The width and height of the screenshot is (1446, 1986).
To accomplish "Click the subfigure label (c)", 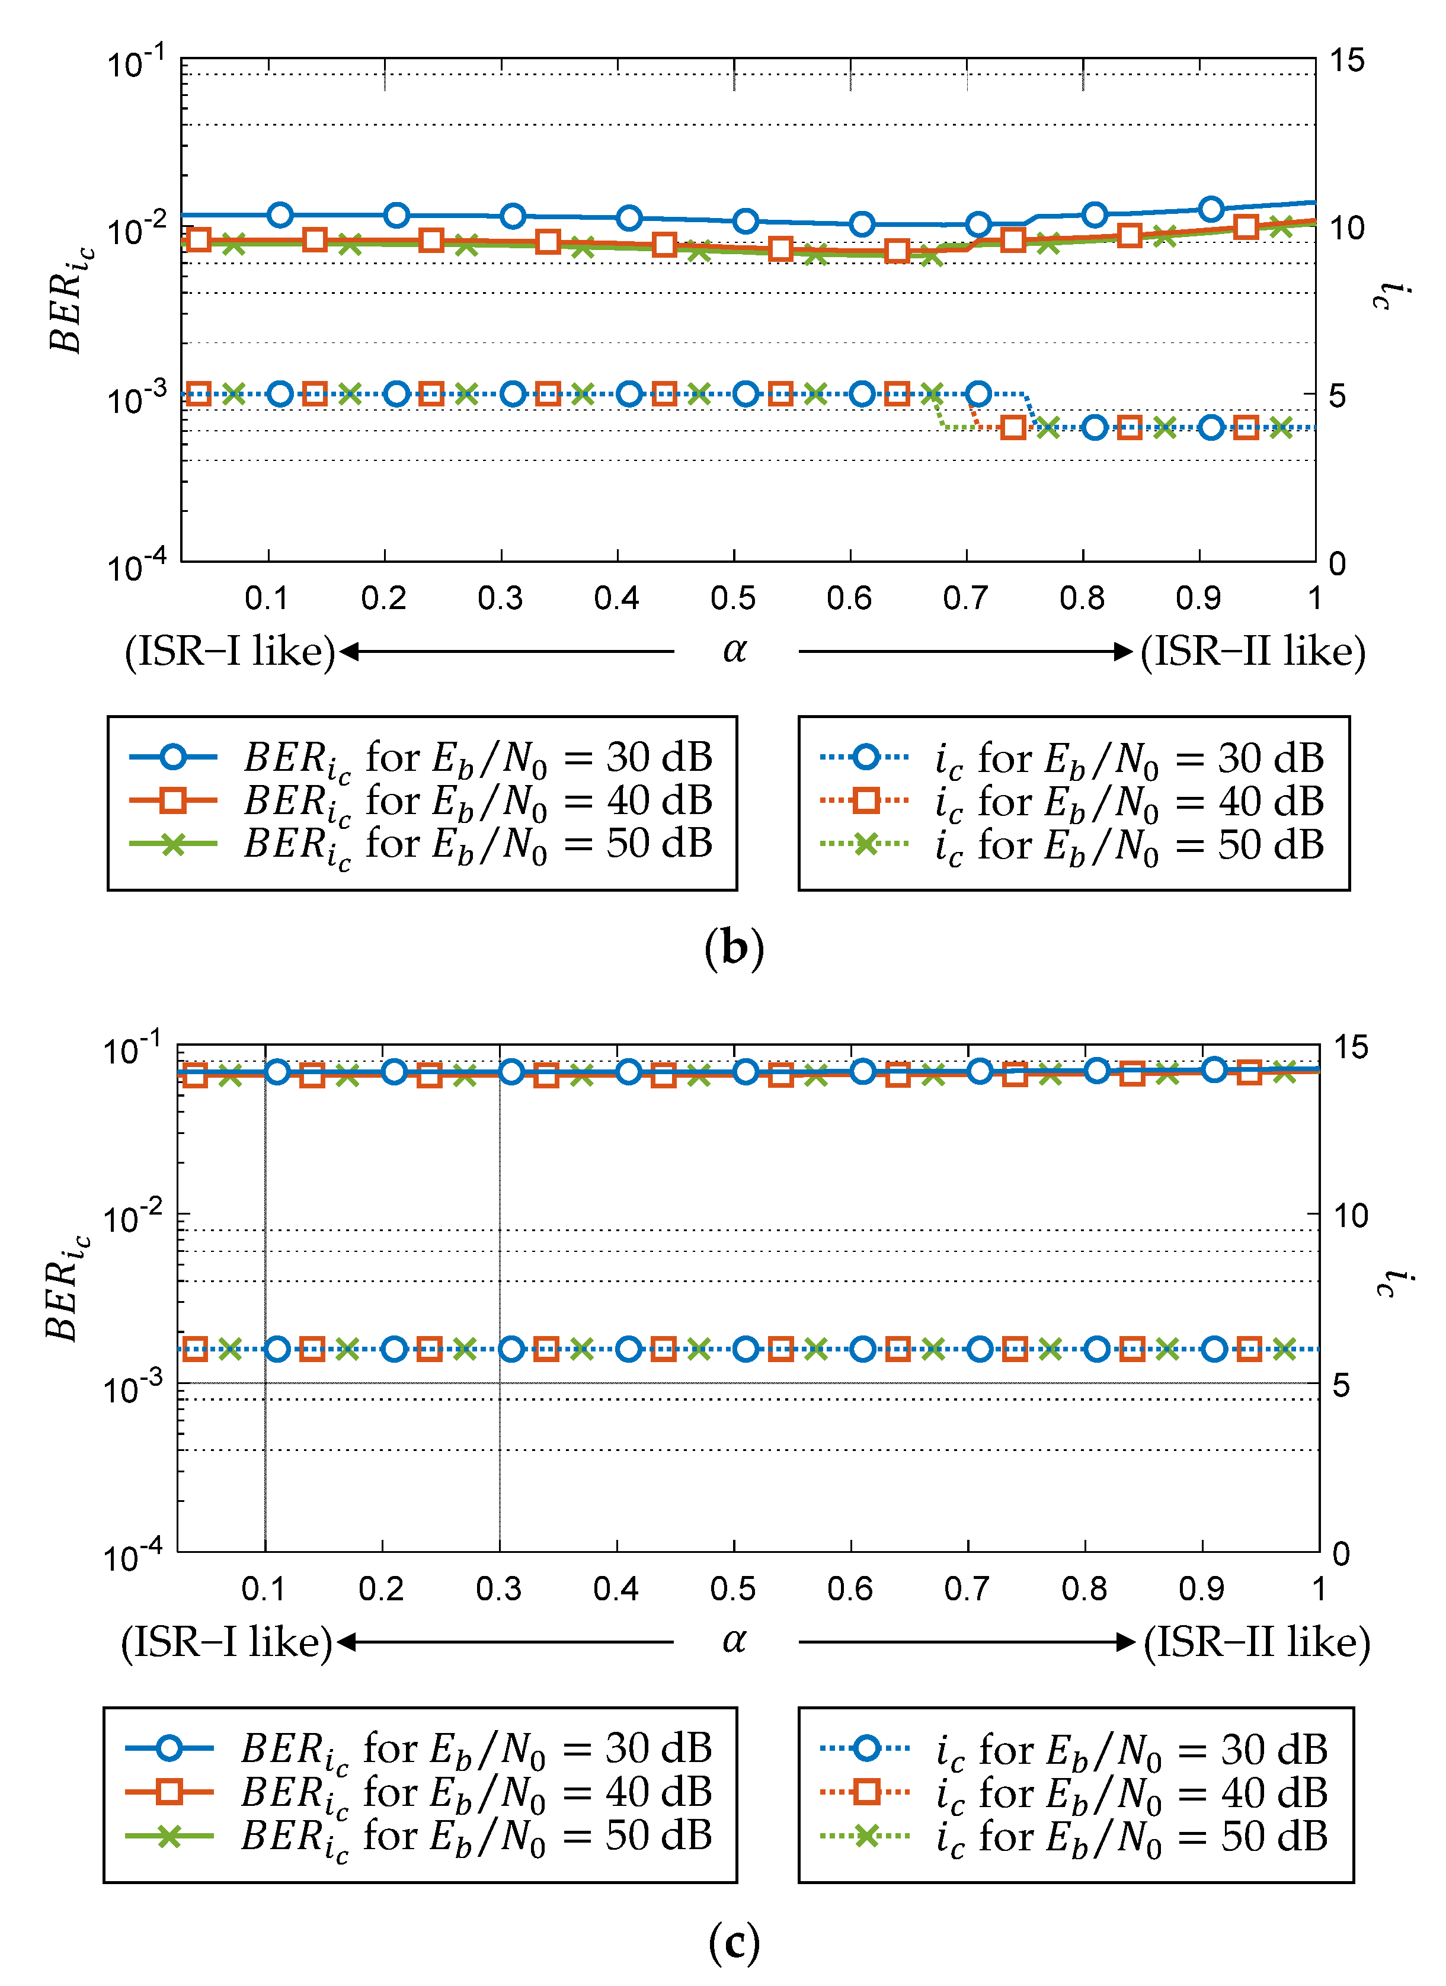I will click(x=734, y=1942).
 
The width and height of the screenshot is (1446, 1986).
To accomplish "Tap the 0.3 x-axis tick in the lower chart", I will click(x=499, y=1589).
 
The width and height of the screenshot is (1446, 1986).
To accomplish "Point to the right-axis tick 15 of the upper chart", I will click(x=1347, y=61).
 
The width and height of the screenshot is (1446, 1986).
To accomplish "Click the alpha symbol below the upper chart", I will click(x=734, y=650).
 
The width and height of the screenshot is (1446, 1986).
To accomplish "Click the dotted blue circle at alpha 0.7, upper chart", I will click(x=978, y=394).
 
